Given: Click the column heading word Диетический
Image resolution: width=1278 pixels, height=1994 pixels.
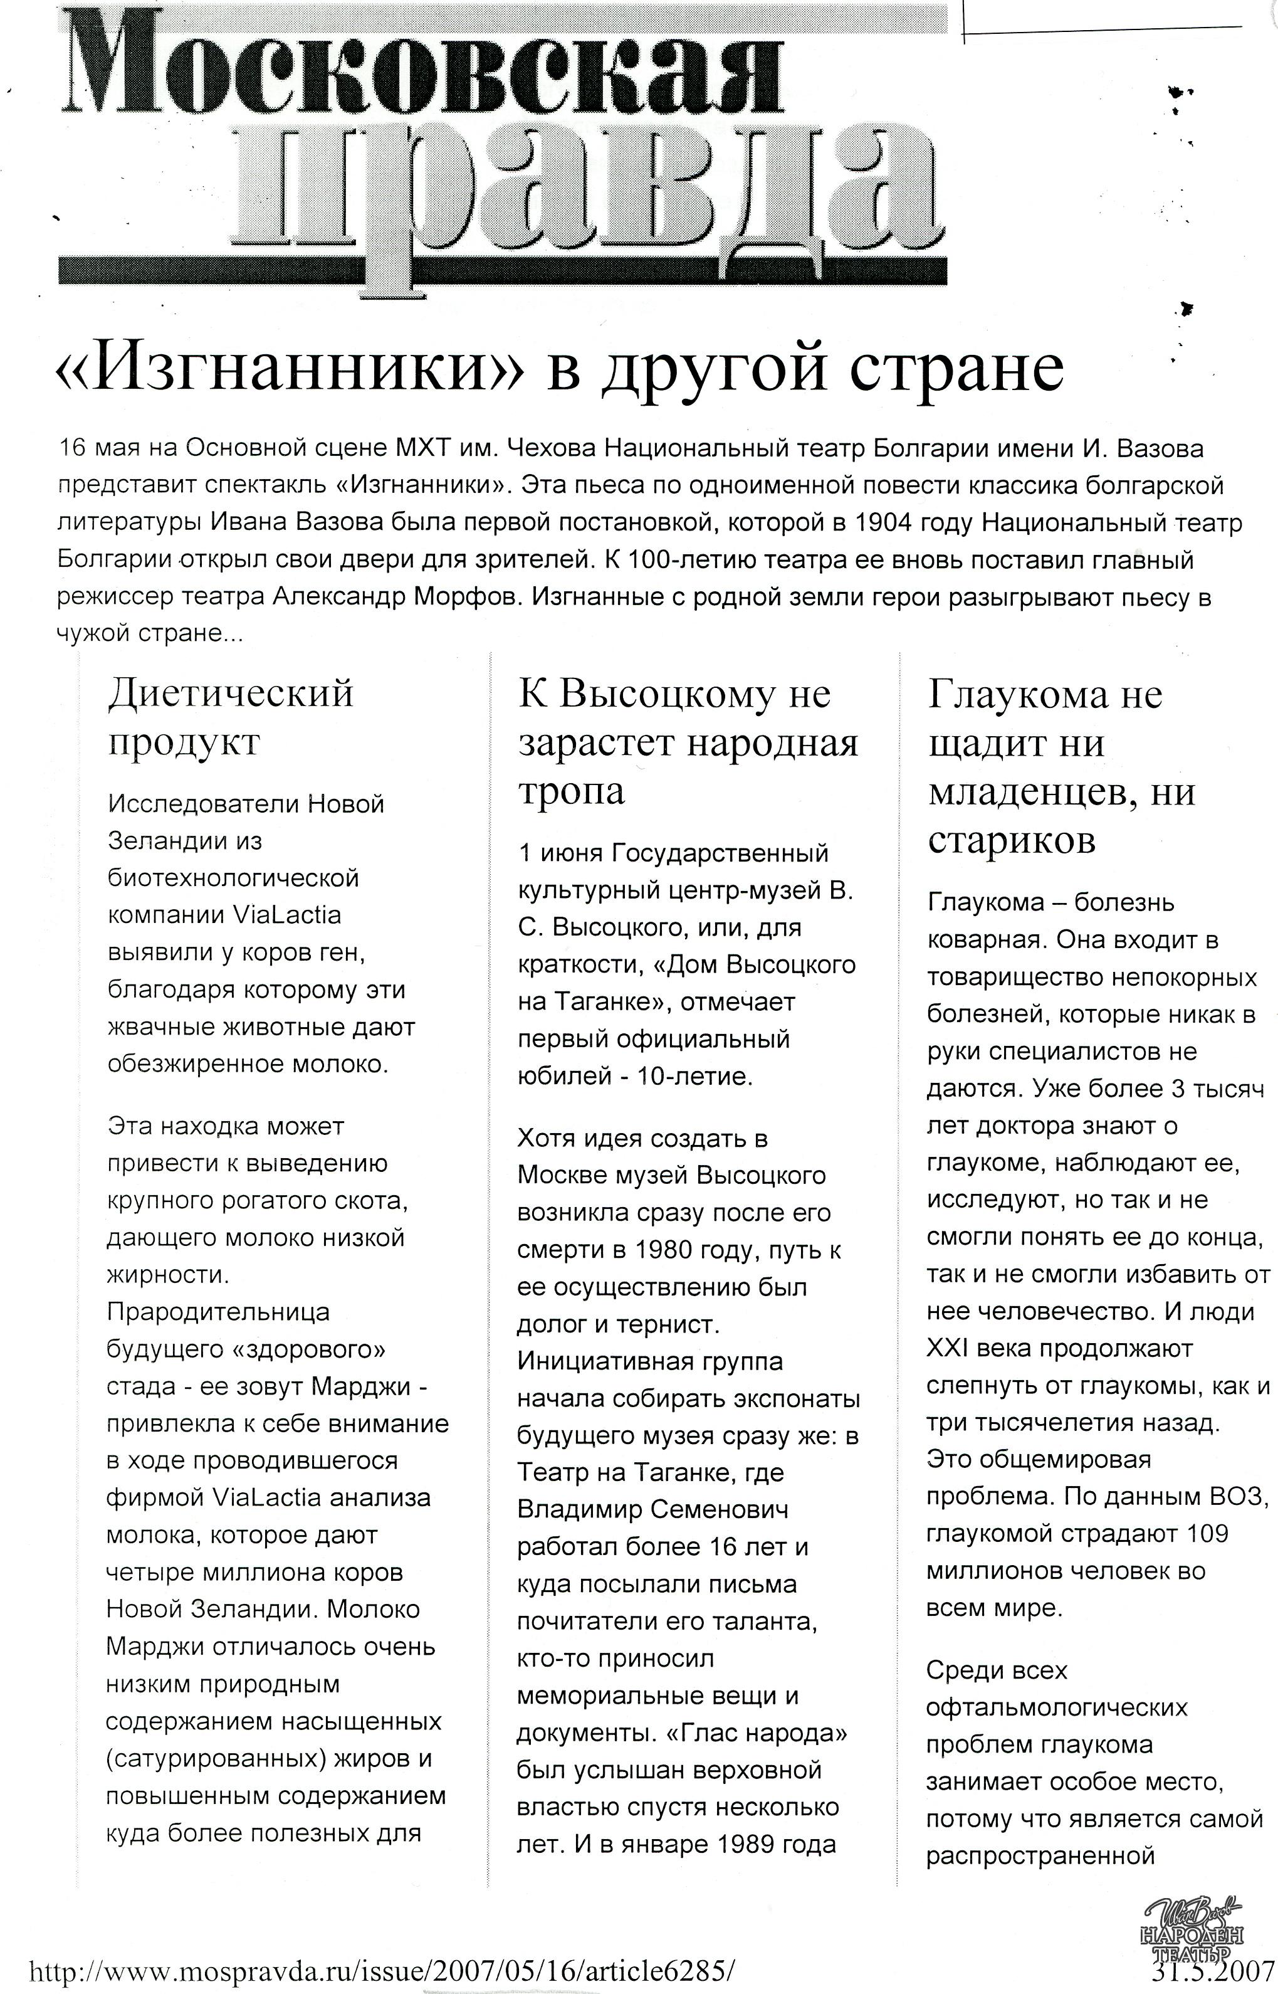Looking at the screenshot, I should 231,692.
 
